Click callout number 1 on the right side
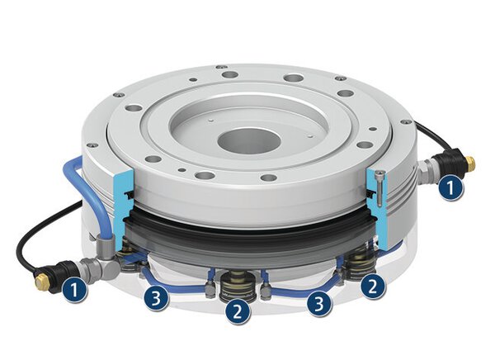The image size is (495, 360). point(450,188)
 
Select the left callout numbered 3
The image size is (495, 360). point(157,299)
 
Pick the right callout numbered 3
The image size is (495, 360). point(318,304)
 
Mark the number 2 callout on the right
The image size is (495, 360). point(374,286)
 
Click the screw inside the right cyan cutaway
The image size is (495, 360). point(378,186)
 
